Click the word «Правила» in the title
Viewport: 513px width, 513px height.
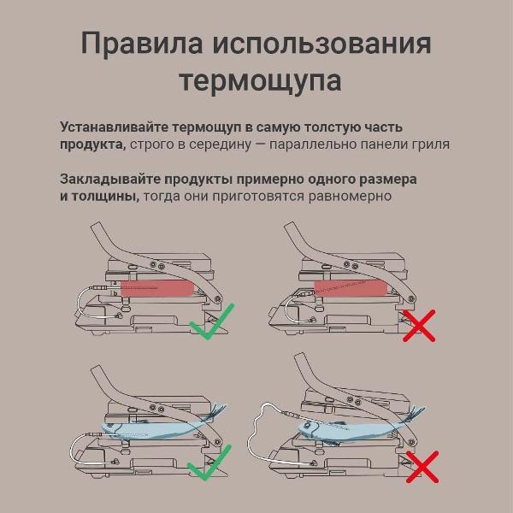(142, 44)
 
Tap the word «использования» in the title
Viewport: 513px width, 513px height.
(322, 44)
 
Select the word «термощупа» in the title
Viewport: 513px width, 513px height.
(261, 81)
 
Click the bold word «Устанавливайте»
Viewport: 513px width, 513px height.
(114, 127)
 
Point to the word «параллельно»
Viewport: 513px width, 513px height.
(312, 144)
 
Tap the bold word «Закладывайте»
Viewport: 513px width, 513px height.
(110, 180)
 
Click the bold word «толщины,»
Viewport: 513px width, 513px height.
(105, 197)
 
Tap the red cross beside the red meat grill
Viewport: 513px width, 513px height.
(419, 326)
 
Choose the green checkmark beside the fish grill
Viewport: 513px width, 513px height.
(209, 463)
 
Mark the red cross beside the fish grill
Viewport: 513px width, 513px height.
(422, 467)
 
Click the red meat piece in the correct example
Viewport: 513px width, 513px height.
(157, 288)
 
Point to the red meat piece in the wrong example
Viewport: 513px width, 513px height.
(351, 288)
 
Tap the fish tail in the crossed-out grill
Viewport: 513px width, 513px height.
(416, 413)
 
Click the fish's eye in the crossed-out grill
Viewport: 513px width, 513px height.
(307, 425)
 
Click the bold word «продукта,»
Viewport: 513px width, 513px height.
(93, 144)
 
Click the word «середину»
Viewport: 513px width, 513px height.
(220, 144)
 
